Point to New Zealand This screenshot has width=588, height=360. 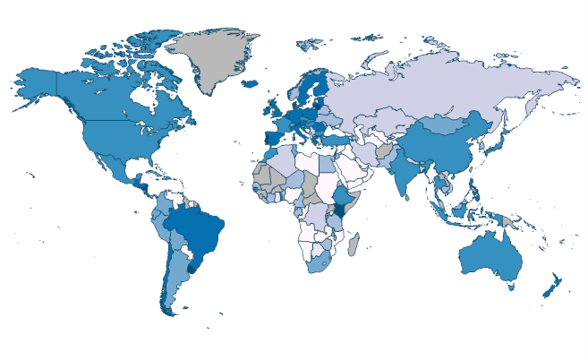tap(550, 287)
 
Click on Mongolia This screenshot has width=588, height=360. tap(447, 126)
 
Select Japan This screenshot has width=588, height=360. tap(503, 143)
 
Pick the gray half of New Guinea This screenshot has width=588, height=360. tap(509, 220)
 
